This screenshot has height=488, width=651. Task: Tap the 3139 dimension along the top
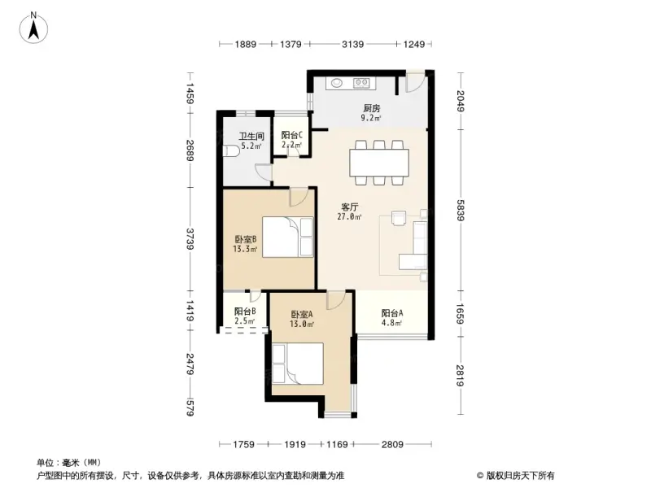click(352, 44)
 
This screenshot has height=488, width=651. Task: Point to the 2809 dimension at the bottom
click(392, 444)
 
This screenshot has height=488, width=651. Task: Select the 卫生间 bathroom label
click(251, 137)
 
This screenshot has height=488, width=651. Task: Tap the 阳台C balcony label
click(292, 136)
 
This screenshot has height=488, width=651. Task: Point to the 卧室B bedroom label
click(246, 239)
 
